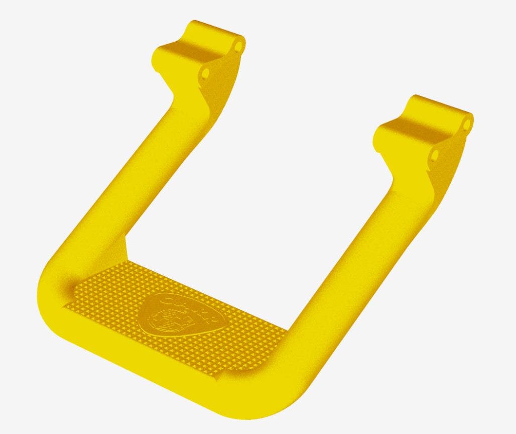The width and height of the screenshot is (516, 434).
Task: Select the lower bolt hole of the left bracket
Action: [205, 74]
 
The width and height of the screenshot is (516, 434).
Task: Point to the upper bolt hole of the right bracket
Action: [467, 124]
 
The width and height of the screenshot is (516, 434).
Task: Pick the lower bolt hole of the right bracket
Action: [435, 154]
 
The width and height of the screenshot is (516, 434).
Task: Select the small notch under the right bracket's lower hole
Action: [430, 173]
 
